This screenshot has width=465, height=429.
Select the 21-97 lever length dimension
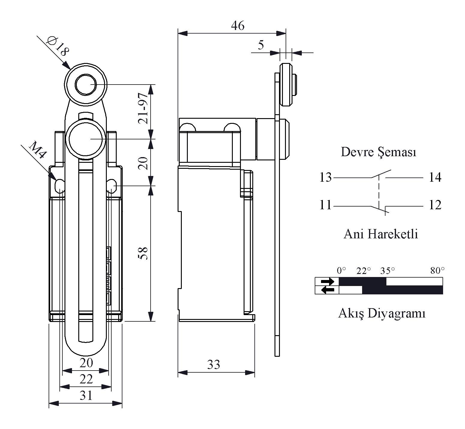click(x=143, y=108)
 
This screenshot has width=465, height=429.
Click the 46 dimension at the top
click(x=238, y=26)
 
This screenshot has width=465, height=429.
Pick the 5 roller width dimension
click(x=261, y=45)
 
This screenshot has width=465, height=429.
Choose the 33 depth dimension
click(x=214, y=365)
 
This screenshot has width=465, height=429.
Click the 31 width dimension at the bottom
click(x=86, y=396)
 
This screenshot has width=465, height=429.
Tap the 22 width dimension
click(x=86, y=380)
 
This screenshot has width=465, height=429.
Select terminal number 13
click(x=325, y=177)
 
